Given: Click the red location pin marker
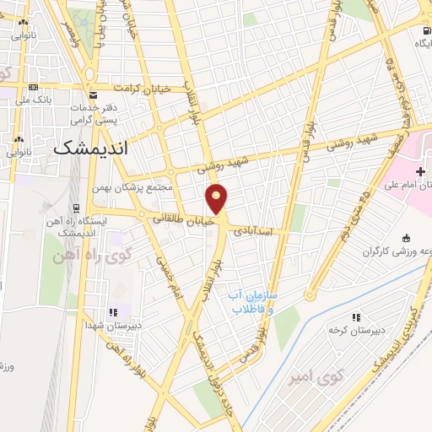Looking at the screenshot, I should (x=217, y=198).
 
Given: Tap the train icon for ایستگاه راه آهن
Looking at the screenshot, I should (x=77, y=207).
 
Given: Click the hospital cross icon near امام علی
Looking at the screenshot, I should (x=420, y=171).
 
